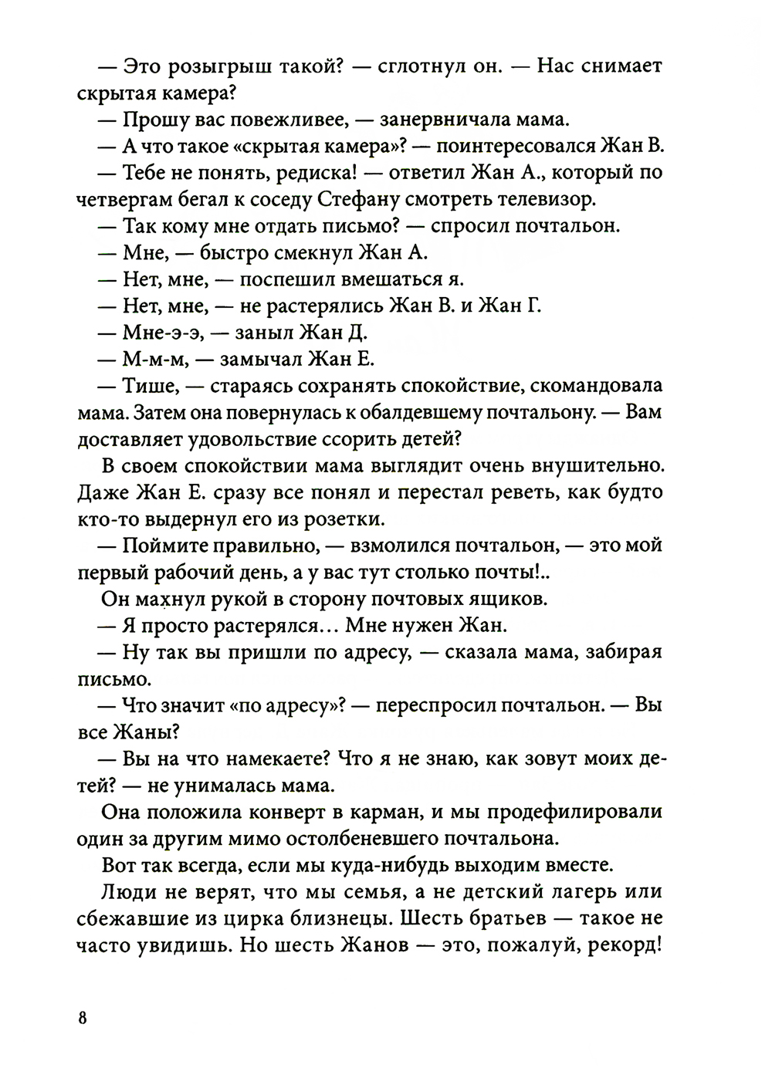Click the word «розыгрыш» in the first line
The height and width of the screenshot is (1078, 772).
(x=211, y=66)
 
